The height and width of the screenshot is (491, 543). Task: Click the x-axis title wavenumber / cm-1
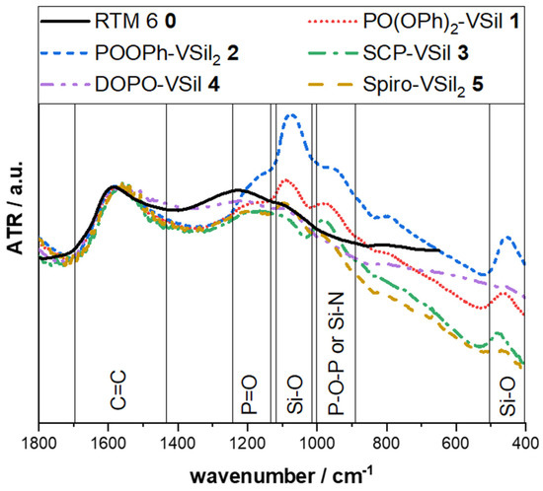click(281, 473)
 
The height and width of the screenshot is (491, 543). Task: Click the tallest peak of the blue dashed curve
click(291, 115)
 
